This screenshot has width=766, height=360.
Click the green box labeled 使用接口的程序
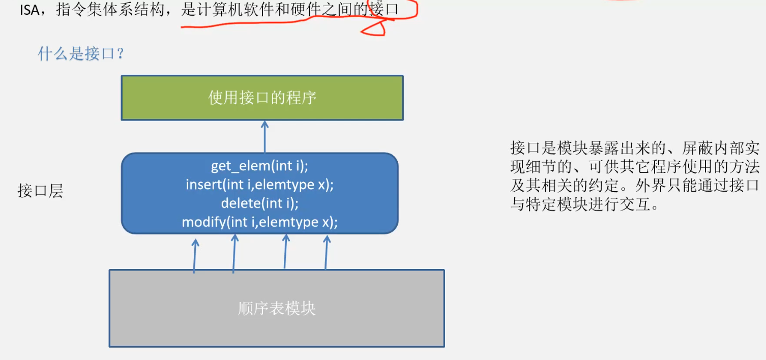tap(262, 98)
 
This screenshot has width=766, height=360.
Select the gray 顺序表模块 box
tap(277, 308)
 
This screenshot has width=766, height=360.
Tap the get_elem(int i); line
tap(260, 166)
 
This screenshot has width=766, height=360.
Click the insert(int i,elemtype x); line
tap(259, 185)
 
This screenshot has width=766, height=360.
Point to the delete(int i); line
tap(259, 203)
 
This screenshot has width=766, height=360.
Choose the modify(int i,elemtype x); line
tap(259, 222)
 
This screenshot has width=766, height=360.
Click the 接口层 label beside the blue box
tap(40, 191)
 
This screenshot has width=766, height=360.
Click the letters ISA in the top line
tap(30, 10)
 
